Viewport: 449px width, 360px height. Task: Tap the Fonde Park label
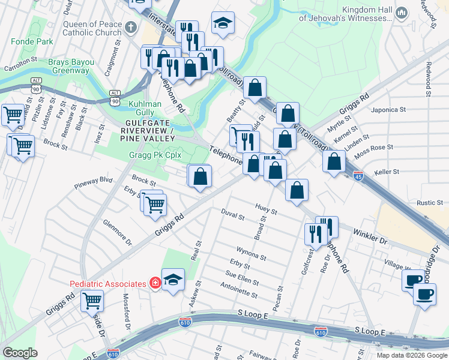pyautogui.click(x=29, y=42)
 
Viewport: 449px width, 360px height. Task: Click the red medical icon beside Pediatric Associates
pyautogui.click(x=155, y=283)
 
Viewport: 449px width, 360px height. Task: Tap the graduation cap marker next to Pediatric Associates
pyautogui.click(x=173, y=280)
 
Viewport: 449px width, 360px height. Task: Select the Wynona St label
pyautogui.click(x=251, y=253)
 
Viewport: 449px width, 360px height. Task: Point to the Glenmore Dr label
pyautogui.click(x=116, y=231)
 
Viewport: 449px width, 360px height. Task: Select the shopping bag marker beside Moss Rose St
pyautogui.click(x=334, y=161)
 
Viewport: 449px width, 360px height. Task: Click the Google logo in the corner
pyautogui.click(x=20, y=353)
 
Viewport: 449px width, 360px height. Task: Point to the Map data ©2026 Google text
pyautogui.click(x=412, y=355)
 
